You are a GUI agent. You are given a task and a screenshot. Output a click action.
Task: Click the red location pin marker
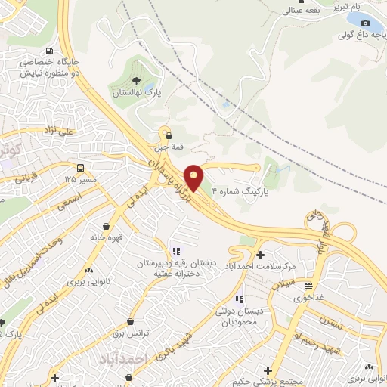click(193, 178)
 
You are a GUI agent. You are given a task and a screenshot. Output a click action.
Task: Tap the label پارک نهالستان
click(137, 93)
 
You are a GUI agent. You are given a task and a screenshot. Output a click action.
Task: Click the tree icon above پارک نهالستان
click(136, 80)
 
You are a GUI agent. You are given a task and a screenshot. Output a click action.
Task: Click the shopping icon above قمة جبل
click(167, 135)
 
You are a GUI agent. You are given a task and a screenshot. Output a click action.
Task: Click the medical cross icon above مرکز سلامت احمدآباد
click(261, 255)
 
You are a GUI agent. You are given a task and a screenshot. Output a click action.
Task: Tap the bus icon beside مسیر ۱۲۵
click(79, 168)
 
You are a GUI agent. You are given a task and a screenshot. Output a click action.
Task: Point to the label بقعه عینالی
click(301, 11)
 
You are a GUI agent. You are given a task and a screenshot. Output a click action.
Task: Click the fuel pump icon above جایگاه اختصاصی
click(50, 51)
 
